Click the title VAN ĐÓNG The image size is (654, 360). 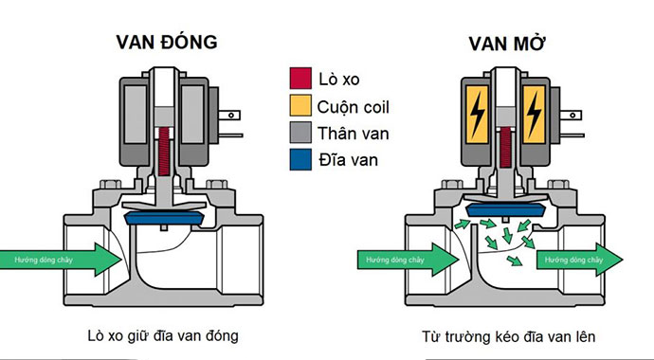[167, 43]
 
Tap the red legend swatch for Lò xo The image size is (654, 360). [300, 78]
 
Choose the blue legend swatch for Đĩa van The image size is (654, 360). [300, 160]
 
